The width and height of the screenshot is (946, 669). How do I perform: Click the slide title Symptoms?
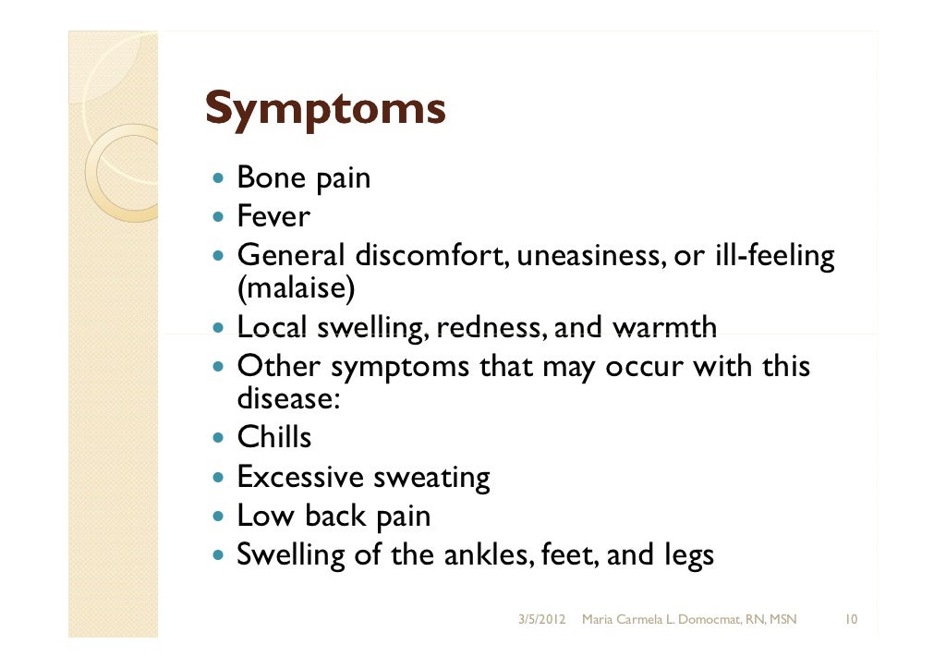(x=324, y=110)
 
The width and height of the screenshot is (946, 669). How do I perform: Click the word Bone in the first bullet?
(x=264, y=176)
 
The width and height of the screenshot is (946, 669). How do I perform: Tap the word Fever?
(x=273, y=217)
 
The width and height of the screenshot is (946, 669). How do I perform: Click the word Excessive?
(x=300, y=477)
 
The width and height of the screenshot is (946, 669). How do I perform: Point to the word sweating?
(x=431, y=479)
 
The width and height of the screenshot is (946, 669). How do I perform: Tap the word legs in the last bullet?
(x=688, y=557)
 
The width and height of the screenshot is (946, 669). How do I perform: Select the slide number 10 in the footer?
(x=852, y=617)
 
